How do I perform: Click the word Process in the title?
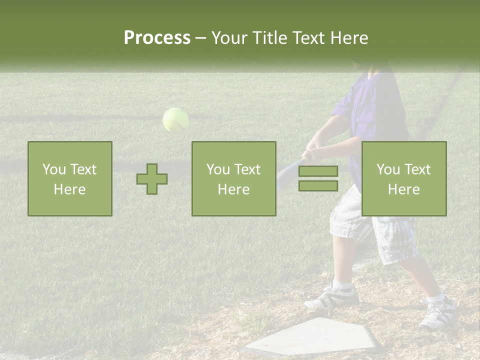tap(157, 38)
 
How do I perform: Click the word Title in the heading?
tap(270, 38)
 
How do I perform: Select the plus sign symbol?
tap(152, 179)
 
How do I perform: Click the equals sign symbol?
tap(318, 178)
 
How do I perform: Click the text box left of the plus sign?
tap(70, 179)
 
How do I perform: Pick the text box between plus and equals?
tap(234, 179)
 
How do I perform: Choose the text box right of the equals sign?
tap(404, 179)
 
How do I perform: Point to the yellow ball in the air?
tap(175, 120)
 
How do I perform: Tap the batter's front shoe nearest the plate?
tap(334, 297)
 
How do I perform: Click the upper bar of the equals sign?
tap(318, 171)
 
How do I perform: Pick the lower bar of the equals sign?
tap(318, 185)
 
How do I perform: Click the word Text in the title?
tap(308, 38)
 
